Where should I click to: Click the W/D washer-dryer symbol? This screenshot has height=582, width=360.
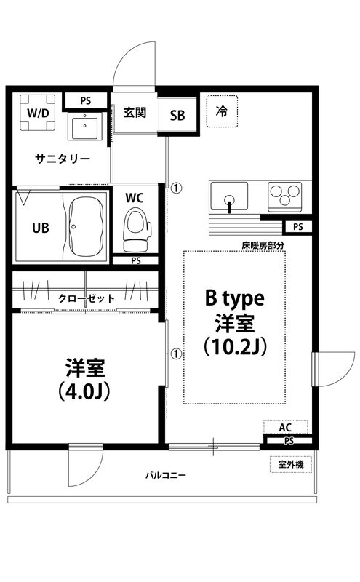pos(38,113)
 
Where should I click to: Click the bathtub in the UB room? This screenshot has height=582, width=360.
pos(86,227)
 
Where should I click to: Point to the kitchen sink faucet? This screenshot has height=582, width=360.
pos(229,204)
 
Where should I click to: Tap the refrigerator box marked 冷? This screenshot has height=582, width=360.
pos(222,111)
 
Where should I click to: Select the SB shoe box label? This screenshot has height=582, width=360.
pos(177,116)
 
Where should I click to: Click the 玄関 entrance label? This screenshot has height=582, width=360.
pos(135,112)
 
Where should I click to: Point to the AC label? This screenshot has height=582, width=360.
pos(285,428)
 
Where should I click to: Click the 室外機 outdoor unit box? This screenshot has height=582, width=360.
pos(291,464)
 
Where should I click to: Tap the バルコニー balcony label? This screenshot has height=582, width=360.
pos(166,476)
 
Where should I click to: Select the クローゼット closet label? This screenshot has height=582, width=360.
pos(87,298)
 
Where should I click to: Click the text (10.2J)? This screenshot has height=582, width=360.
pos(236,347)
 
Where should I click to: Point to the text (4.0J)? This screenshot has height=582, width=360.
pos(84,391)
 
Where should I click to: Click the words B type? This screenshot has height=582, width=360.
pos(235,298)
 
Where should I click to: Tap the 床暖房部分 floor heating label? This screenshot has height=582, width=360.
pos(263,245)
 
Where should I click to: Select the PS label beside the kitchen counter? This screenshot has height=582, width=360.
pos(298,226)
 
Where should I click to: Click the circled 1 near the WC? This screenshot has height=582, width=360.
pos(176,188)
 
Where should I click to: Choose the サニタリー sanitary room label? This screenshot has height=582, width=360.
pos(63,159)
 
